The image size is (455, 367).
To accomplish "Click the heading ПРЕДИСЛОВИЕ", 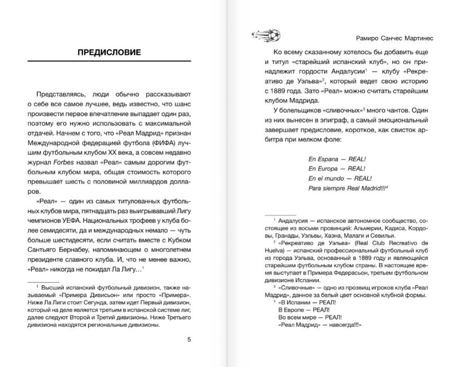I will pyautogui.click(x=109, y=52).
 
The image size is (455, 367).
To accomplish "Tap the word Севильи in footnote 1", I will pyautogui.click(x=383, y=235).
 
